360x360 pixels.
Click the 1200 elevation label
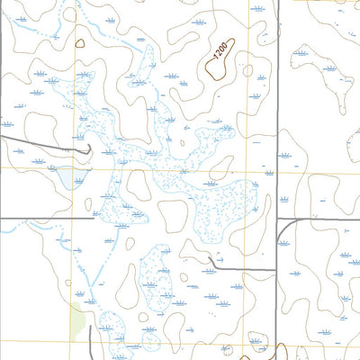(x=219, y=58)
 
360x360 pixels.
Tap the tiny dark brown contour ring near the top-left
(x=80, y=42)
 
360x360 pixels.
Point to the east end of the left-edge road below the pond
(x=93, y=218)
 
